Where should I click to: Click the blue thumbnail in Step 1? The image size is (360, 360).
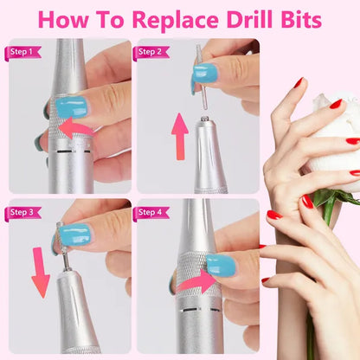(x=76, y=109)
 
